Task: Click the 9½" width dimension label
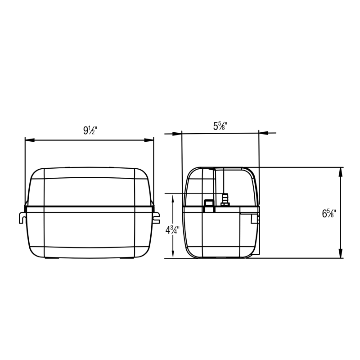point(90,130)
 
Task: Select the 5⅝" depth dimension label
point(220,126)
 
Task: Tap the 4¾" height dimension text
point(172,230)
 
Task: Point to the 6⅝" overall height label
point(329,213)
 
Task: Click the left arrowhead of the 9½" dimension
point(30,140)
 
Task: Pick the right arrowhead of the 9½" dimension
point(149,140)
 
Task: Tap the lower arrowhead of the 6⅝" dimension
point(341,253)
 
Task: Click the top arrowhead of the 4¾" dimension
point(173,198)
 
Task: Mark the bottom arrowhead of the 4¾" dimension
point(173,254)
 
